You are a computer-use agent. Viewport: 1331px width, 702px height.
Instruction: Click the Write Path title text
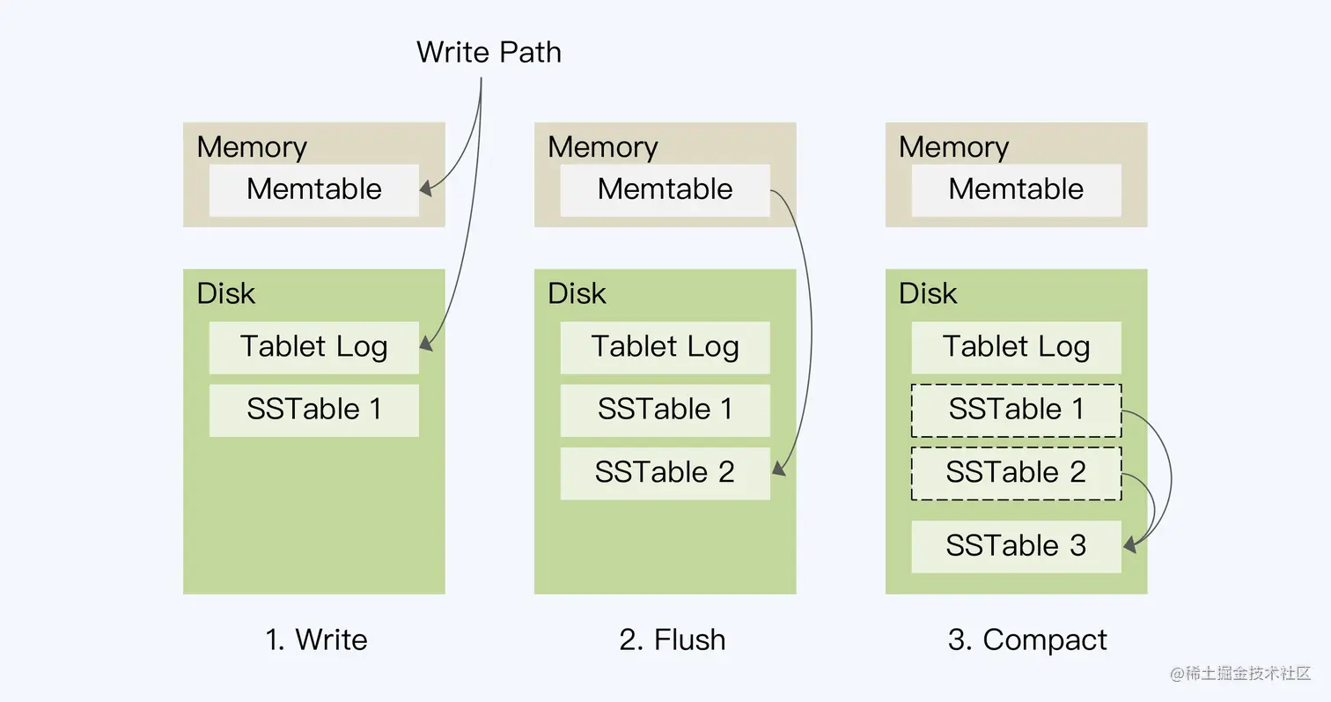(489, 52)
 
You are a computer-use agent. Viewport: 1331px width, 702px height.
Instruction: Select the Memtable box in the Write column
(313, 189)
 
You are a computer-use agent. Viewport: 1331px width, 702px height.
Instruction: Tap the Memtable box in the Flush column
(665, 189)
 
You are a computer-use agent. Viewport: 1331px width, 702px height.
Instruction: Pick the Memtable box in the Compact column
(1016, 189)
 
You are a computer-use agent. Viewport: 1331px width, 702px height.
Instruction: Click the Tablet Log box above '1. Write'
(313, 347)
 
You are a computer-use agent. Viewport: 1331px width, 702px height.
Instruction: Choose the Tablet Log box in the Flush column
(665, 347)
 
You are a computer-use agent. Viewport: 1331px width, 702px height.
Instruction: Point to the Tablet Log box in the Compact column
(1016, 347)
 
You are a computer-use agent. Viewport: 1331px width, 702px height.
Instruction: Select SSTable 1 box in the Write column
(313, 410)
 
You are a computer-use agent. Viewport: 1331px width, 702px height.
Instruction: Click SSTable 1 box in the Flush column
(665, 410)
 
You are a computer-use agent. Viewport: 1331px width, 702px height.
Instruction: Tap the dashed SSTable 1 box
(1016, 410)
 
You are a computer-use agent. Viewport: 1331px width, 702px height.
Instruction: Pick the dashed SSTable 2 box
(1016, 473)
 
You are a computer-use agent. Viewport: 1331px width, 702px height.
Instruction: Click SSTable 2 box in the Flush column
(665, 473)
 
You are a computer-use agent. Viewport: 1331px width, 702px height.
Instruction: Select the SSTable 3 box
(1016, 546)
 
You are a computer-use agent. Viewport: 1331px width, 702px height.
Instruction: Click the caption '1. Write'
(316, 639)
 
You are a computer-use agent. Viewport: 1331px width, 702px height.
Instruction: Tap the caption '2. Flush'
(673, 639)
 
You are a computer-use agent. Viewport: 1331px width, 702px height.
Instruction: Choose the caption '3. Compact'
(1027, 639)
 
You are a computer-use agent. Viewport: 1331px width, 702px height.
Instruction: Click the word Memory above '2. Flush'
(603, 146)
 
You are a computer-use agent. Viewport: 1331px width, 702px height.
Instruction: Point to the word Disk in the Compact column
(928, 293)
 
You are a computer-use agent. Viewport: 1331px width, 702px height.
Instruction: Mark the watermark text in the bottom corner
(1240, 674)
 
